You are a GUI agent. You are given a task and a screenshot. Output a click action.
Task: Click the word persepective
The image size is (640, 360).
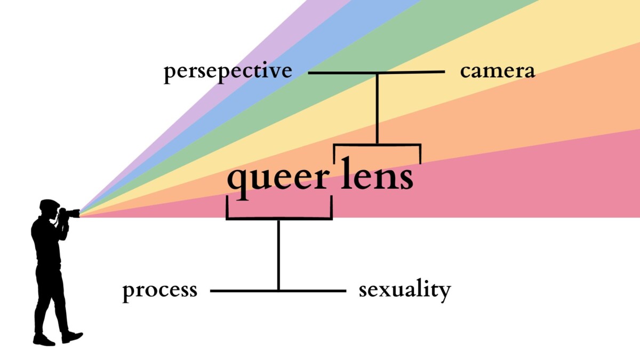tap(228, 71)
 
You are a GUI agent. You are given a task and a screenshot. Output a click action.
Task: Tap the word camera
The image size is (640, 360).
tap(497, 71)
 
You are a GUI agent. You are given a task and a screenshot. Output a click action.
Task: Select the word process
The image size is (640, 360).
tap(159, 291)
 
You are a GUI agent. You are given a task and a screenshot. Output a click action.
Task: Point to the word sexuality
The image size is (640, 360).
tap(404, 291)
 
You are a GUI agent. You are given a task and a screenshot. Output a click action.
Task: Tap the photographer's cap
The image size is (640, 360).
tap(49, 203)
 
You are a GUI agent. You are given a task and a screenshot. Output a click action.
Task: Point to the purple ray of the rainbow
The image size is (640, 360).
tap(299, 21)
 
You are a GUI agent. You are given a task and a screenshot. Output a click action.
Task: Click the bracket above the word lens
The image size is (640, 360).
tap(377, 145)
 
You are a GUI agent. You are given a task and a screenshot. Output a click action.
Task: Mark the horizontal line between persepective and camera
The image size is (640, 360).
tap(341, 72)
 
